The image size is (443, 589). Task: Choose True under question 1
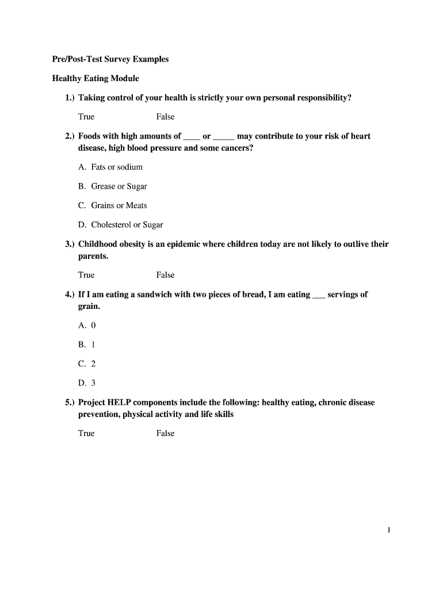pos(86,117)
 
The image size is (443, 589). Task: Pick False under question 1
pos(165,117)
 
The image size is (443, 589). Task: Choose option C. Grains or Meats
pos(113,205)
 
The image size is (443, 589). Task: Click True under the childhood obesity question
pos(86,275)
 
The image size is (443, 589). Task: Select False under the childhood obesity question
pos(165,275)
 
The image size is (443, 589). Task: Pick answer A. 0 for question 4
pos(87,325)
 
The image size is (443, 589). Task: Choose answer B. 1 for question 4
pos(87,345)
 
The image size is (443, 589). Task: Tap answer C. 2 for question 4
pos(87,364)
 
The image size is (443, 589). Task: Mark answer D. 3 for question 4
pos(87,383)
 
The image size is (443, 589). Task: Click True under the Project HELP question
pos(86,433)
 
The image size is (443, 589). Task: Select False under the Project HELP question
pos(165,433)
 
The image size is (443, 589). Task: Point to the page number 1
pos(389,530)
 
